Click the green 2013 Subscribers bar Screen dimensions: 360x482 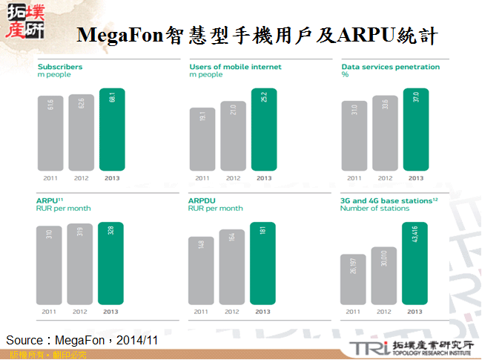click(111, 130)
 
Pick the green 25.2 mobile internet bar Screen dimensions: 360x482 click(263, 130)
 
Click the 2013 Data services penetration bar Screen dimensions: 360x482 click(416, 130)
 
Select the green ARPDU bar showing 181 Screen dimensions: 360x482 click(263, 264)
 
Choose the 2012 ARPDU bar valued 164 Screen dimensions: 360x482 click(233, 267)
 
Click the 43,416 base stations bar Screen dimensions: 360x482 click(416, 264)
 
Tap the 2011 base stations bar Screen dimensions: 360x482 click(354, 279)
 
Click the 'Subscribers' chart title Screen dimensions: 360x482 click(60, 67)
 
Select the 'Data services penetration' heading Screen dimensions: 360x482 click(390, 67)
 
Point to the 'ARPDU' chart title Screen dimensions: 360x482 click(202, 200)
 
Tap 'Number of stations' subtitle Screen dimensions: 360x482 click(374, 209)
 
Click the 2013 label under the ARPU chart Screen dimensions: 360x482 click(111, 312)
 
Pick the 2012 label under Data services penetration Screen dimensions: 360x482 click(385, 178)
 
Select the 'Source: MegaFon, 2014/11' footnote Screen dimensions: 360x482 click(82, 340)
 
